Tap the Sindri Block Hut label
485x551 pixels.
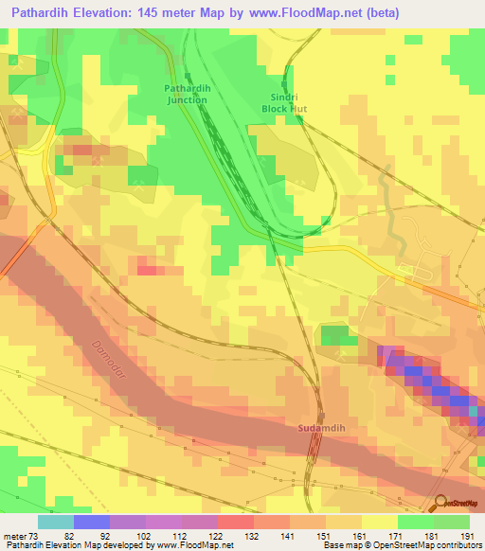coord(285,103)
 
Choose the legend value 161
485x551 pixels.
coord(361,535)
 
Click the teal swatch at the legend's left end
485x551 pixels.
coord(56,522)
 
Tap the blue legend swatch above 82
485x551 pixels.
coord(92,522)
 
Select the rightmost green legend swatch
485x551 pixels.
coord(452,522)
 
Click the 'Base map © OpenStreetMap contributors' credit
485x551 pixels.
coord(401,545)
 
